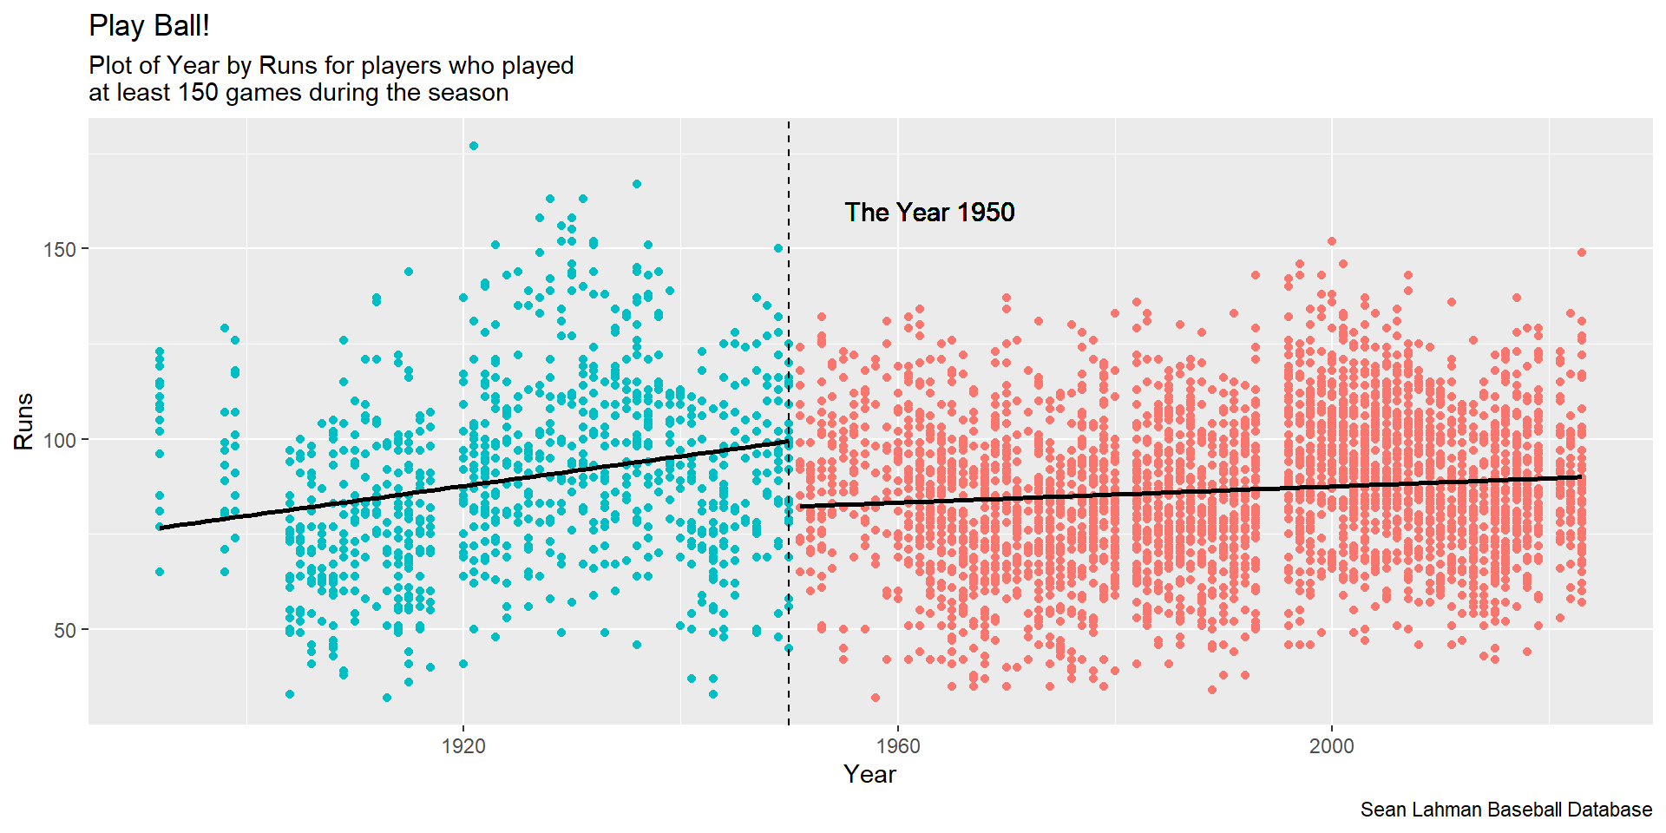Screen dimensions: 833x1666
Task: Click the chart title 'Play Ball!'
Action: (149, 26)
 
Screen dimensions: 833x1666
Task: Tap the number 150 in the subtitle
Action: (198, 93)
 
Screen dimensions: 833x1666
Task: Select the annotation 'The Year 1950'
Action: (929, 213)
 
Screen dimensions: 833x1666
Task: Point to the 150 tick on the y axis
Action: (60, 249)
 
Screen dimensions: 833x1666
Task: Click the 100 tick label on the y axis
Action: (60, 440)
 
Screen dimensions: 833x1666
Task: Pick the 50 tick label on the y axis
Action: (65, 631)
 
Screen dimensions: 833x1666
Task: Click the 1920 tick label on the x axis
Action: (463, 746)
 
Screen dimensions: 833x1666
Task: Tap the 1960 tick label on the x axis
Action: (898, 746)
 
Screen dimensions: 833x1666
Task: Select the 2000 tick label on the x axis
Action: (1332, 746)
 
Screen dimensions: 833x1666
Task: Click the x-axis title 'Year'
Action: (869, 774)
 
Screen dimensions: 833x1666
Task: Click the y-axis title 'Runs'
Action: (23, 422)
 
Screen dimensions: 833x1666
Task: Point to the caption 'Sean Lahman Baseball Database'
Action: (1506, 810)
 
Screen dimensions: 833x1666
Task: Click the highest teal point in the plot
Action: (474, 146)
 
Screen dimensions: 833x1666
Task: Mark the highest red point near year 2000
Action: (1332, 241)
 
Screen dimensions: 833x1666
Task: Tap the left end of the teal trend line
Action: (161, 527)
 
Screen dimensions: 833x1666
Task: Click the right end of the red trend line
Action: (1580, 476)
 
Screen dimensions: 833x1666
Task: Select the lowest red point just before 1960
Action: (876, 698)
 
